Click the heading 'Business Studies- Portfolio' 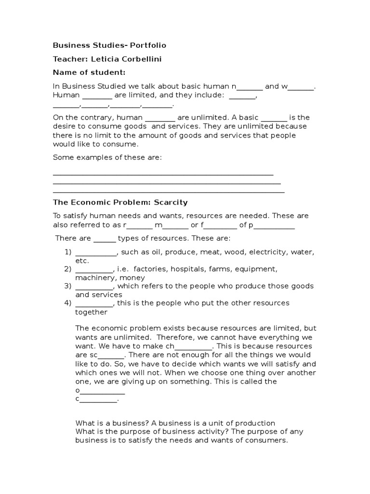pyautogui.click(x=109, y=45)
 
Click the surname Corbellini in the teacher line pyautogui.click(x=143, y=59)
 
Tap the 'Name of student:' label pyautogui.click(x=89, y=72)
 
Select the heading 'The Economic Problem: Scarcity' pyautogui.click(x=120, y=202)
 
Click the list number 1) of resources pyautogui.click(x=68, y=252)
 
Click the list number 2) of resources pyautogui.click(x=68, y=269)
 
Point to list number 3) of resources pyautogui.click(x=68, y=286)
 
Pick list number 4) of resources pyautogui.click(x=68, y=303)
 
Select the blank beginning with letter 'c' pyautogui.click(x=98, y=398)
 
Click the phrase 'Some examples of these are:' pyautogui.click(x=107, y=157)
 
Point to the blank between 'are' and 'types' pyautogui.click(x=105, y=238)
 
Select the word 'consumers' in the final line pyautogui.click(x=268, y=440)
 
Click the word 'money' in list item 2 pyautogui.click(x=133, y=277)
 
